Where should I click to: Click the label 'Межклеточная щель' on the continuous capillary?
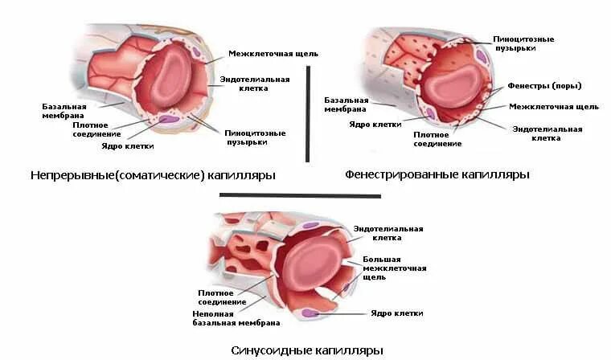273,54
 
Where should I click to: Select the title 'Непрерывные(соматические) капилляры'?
152,175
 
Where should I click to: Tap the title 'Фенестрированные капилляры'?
437,174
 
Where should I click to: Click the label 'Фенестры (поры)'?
544,86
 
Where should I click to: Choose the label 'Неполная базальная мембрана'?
236,317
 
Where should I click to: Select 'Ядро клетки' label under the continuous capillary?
128,146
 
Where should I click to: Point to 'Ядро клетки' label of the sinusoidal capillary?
396,313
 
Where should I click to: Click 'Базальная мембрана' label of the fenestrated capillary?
347,105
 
